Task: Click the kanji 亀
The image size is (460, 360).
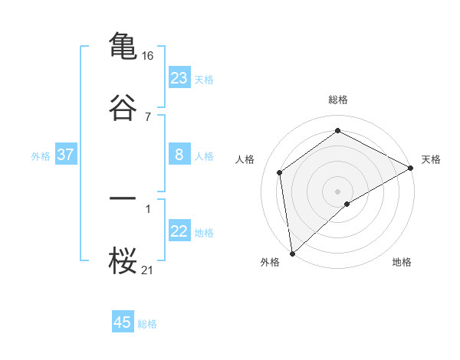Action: [123, 45]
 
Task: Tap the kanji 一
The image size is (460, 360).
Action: [123, 198]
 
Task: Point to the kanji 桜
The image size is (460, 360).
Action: [123, 260]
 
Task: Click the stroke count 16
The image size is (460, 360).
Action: [148, 56]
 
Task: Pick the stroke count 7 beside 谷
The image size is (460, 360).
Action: [148, 116]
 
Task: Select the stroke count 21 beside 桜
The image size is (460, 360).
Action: [148, 270]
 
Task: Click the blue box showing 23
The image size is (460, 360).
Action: [179, 77]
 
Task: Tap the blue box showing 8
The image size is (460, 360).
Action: [179, 155]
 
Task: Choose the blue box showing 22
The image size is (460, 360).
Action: [179, 232]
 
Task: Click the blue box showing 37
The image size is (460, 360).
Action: [65, 155]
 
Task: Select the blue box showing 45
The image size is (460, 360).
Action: [123, 322]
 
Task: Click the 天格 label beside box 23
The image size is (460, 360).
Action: [204, 79]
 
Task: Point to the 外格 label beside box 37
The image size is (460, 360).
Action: [41, 156]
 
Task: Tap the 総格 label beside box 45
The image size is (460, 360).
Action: [147, 324]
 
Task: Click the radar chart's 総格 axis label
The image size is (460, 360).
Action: [338, 100]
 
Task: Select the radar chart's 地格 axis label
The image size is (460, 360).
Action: [402, 263]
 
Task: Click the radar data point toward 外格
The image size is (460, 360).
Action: [292, 253]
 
